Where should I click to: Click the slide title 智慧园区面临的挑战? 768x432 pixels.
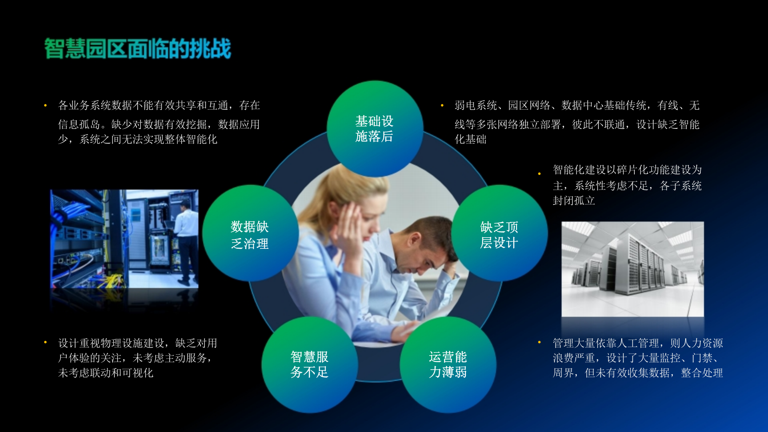point(137,49)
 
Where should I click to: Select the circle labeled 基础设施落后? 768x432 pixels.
point(375,129)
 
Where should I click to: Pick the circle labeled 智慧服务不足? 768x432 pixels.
point(310,364)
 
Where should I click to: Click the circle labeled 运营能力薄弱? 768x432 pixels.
point(448,364)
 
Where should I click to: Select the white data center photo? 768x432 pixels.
point(632,269)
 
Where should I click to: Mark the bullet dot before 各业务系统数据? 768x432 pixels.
point(46,106)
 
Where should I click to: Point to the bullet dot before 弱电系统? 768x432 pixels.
point(442,106)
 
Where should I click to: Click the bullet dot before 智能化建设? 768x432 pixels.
point(540,174)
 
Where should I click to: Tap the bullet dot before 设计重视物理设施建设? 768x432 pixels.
point(46,342)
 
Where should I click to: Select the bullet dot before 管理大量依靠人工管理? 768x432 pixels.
point(540,342)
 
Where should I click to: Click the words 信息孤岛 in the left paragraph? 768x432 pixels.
point(79,124)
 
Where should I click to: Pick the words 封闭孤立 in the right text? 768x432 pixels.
point(574,201)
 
